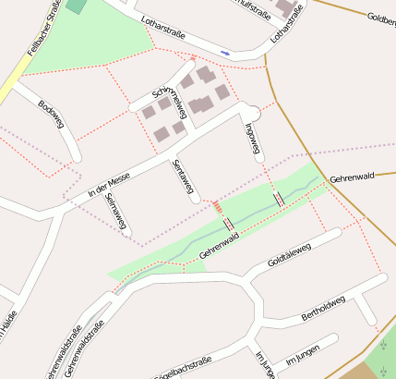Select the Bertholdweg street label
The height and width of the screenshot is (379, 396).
click(323, 309)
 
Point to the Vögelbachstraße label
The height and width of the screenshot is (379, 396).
click(181, 366)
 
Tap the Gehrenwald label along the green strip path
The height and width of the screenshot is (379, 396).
click(220, 243)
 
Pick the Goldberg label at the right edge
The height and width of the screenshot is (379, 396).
click(381, 18)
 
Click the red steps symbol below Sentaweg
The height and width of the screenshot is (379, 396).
click(217, 206)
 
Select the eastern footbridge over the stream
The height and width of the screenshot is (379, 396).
click(279, 199)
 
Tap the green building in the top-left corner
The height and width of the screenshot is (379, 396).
click(76, 6)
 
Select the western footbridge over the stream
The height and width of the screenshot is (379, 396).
click(228, 224)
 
